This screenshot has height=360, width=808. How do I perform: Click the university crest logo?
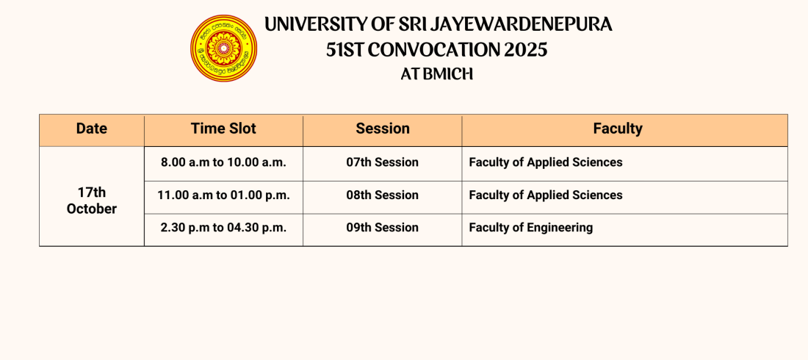tap(223, 48)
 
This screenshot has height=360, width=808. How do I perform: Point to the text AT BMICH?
tap(437, 74)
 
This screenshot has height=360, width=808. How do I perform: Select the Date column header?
tap(92, 129)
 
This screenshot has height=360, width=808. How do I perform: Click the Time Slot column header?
tap(223, 129)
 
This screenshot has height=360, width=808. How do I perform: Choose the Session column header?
tap(383, 129)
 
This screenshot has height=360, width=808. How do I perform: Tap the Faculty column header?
tap(618, 129)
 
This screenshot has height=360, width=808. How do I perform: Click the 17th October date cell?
tap(92, 201)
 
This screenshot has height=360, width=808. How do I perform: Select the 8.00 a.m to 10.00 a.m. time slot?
tap(223, 162)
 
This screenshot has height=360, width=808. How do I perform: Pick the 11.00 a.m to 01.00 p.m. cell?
tap(223, 195)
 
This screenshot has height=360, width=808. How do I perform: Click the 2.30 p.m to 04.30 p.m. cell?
tap(223, 228)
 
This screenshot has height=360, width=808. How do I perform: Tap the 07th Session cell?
tap(383, 162)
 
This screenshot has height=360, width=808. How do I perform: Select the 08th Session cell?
tap(383, 195)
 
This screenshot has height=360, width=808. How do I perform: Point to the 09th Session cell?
tap(383, 228)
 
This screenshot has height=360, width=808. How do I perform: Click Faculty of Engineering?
tap(531, 228)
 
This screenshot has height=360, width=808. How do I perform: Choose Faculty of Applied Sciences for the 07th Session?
tap(546, 162)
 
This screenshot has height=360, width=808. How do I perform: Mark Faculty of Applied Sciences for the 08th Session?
tap(546, 195)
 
